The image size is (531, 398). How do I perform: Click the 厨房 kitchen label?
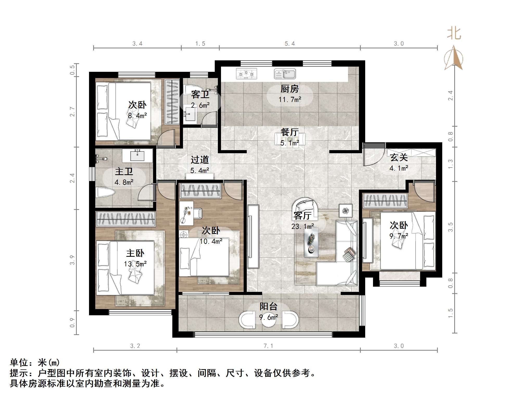(x=289, y=89)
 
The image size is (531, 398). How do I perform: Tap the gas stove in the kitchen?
(x=246, y=74)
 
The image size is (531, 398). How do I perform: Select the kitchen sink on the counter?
(x=285, y=74)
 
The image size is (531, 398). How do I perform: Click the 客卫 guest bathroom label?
(x=200, y=94)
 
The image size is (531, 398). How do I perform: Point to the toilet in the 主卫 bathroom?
(x=106, y=193)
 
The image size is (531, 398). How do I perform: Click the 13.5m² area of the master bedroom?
(x=135, y=264)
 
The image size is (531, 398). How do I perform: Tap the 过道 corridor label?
(x=200, y=160)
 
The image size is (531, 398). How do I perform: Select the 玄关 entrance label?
(x=399, y=157)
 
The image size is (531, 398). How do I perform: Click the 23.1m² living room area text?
(x=302, y=227)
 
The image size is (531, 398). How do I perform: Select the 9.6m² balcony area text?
(x=268, y=317)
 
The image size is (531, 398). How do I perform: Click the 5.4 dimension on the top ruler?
(x=289, y=44)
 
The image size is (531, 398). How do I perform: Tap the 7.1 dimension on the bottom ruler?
(x=268, y=346)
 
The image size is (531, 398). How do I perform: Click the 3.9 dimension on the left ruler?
(x=72, y=260)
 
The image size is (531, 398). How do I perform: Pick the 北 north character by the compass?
(x=454, y=34)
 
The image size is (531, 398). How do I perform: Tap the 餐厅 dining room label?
(x=289, y=132)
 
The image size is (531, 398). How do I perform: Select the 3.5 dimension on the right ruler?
(x=450, y=227)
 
